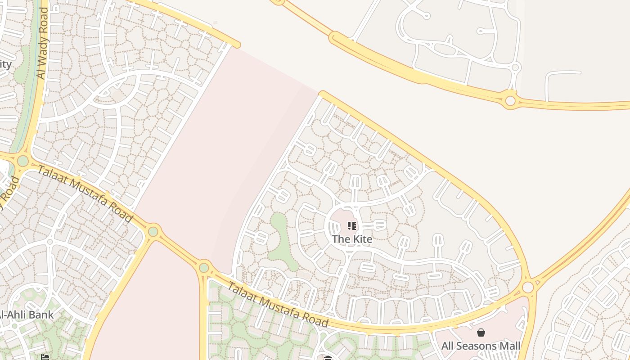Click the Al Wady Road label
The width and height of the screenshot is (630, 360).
tap(43, 44)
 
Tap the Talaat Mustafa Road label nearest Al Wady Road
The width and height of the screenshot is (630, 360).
tap(85, 194)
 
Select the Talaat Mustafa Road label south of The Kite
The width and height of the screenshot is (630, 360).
tap(278, 305)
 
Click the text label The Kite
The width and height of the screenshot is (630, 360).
tap(352, 239)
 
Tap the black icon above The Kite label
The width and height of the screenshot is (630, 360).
tap(352, 226)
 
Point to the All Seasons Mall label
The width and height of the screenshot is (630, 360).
tap(481, 346)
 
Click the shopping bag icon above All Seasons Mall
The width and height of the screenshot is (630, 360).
tap(481, 333)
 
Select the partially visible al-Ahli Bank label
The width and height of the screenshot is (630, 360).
tap(27, 315)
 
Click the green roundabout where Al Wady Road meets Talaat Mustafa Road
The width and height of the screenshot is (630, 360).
tap(23, 161)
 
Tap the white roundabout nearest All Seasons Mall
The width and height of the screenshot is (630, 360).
tap(528, 287)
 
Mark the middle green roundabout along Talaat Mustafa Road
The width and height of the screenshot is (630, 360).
tap(153, 231)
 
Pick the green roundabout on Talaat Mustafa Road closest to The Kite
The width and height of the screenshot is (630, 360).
tap(204, 268)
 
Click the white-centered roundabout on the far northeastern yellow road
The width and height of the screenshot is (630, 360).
tap(510, 100)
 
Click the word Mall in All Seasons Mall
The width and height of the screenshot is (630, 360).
tap(508, 346)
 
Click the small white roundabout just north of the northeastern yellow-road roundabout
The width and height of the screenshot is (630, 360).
tap(516, 67)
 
